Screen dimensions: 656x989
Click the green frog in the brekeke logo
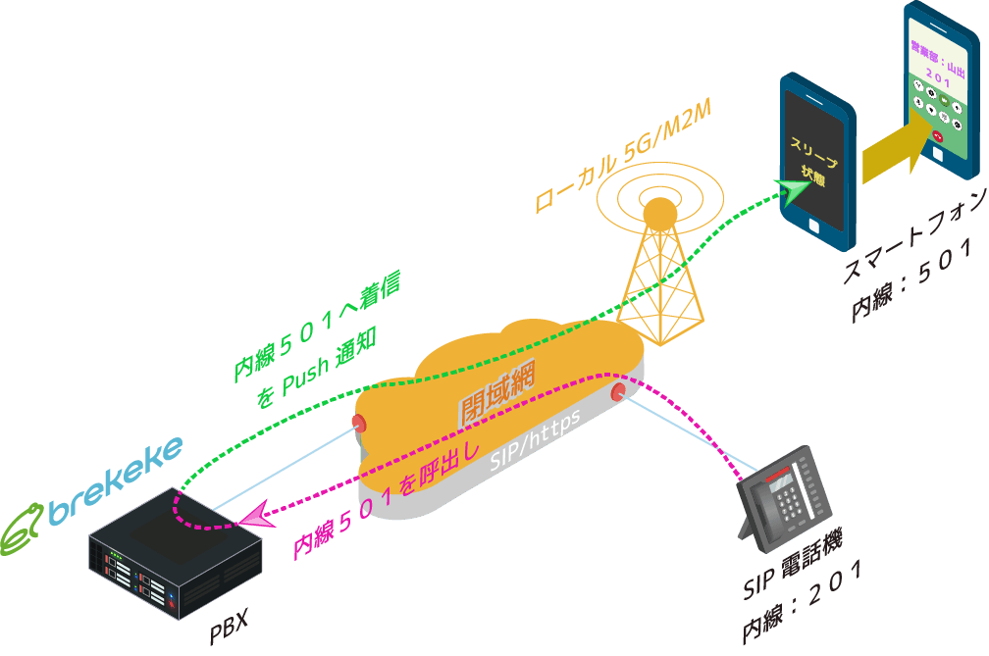tap(24, 530)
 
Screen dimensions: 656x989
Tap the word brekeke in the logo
tap(117, 479)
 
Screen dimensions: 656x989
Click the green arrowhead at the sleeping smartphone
tap(788, 189)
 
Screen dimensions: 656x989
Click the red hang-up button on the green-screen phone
tap(937, 136)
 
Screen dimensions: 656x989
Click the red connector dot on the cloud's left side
tap(358, 424)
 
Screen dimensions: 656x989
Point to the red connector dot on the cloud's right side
tap(618, 392)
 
